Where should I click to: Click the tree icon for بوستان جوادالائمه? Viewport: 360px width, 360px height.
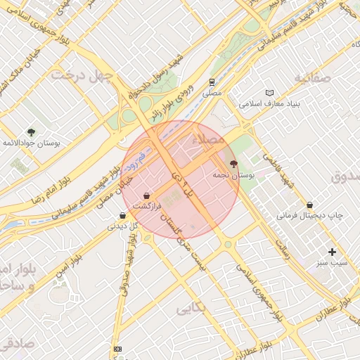click(31, 132)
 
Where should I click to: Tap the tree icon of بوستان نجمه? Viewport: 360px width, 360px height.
click(234, 163)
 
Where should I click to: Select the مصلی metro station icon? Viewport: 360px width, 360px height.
click(212, 82)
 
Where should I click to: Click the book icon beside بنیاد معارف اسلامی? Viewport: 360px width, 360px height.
click(270, 93)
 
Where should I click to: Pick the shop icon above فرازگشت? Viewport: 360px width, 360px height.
click(146, 195)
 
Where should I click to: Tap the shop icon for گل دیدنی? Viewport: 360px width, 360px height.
click(124, 216)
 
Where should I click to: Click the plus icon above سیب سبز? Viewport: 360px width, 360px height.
click(332, 252)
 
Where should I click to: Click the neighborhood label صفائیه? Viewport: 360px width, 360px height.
click(312, 77)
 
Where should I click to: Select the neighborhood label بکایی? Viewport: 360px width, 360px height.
click(191, 307)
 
